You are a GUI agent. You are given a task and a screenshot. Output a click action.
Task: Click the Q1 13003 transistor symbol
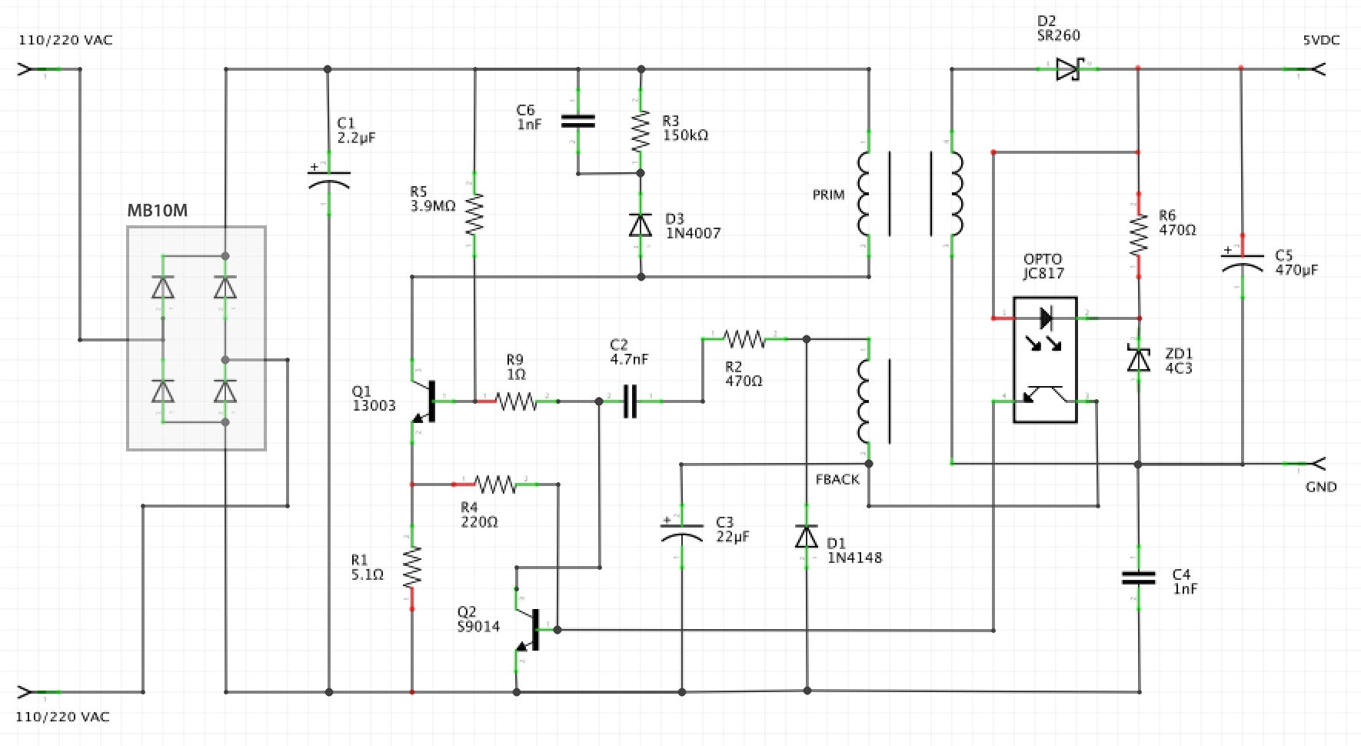pyautogui.click(x=428, y=401)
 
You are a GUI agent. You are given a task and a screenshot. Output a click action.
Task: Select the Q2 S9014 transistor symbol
pyautogui.click(x=531, y=629)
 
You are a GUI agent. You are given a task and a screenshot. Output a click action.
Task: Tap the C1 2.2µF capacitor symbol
pyautogui.click(x=328, y=179)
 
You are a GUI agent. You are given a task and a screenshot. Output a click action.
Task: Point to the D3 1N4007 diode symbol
pyautogui.click(x=641, y=225)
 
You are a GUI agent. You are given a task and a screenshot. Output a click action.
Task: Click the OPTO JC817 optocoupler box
pyautogui.click(x=1045, y=359)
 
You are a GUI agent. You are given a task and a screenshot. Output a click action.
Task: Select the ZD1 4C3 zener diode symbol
pyautogui.click(x=1139, y=359)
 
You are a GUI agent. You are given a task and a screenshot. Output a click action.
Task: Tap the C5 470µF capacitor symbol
pyautogui.click(x=1242, y=262)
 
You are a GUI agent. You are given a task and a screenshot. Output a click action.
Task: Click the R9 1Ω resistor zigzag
pyautogui.click(x=517, y=401)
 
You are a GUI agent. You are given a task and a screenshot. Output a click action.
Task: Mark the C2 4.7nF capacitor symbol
pyautogui.click(x=630, y=401)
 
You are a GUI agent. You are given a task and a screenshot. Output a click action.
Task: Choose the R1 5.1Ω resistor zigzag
pyautogui.click(x=412, y=568)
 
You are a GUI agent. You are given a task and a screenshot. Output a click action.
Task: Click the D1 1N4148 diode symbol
pyautogui.click(x=807, y=536)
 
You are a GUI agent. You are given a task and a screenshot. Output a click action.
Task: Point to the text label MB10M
pyautogui.click(x=157, y=211)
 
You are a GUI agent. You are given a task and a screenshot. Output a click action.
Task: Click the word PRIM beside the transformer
pyautogui.click(x=828, y=195)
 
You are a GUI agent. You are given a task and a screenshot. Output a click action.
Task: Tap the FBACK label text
pyautogui.click(x=837, y=480)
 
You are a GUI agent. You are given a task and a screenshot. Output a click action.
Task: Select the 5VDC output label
pyautogui.click(x=1321, y=40)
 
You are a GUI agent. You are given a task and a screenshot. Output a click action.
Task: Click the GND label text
pyautogui.click(x=1321, y=487)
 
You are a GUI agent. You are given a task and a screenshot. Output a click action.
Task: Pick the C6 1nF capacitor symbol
pyautogui.click(x=578, y=121)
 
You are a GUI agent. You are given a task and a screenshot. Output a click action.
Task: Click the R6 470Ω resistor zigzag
pyautogui.click(x=1139, y=235)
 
